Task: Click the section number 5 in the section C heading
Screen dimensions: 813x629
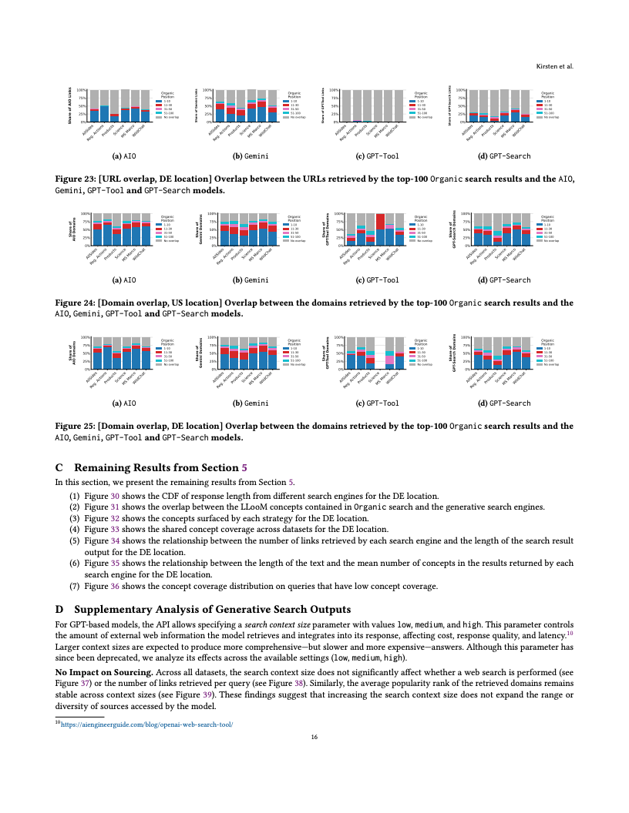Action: pyautogui.click(x=245, y=467)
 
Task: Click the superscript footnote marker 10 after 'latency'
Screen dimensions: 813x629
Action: pyautogui.click(x=570, y=632)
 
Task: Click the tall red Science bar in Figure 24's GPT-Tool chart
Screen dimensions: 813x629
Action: pyautogui.click(x=381, y=229)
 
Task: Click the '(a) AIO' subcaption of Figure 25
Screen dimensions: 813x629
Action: pyautogui.click(x=124, y=403)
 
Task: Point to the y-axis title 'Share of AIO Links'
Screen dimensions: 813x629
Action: pyautogui.click(x=70, y=105)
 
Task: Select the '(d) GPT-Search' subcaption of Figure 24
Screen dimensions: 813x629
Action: pyautogui.click(x=504, y=279)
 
